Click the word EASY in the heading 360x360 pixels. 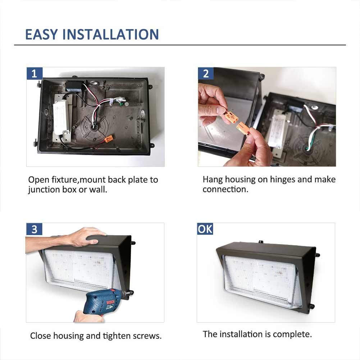[41, 35]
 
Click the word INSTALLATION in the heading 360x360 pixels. [110, 35]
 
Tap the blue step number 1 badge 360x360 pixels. [35, 73]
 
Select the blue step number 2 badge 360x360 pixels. [206, 73]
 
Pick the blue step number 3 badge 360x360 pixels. [34, 229]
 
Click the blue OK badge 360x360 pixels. [205, 229]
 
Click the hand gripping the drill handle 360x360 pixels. [88, 316]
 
